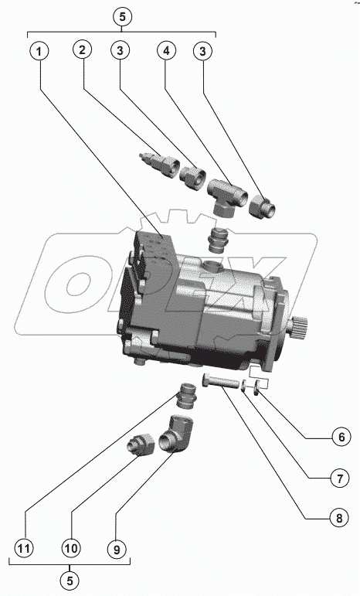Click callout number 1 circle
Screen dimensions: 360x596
(39, 51)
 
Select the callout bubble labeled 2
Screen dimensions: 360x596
(83, 49)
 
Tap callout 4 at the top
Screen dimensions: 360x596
(166, 50)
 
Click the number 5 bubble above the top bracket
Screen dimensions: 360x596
(122, 17)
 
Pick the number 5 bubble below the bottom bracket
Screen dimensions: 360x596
(70, 581)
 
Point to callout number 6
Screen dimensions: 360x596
(341, 437)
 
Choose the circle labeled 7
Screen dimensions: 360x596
(339, 479)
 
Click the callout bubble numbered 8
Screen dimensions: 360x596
(338, 518)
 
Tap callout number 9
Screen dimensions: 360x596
(117, 550)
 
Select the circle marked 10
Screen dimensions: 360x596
(70, 549)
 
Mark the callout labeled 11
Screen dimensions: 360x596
(24, 549)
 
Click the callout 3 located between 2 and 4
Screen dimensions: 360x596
(120, 50)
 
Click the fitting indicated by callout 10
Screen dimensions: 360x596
(140, 444)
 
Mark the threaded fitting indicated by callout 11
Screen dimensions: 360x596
(187, 396)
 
